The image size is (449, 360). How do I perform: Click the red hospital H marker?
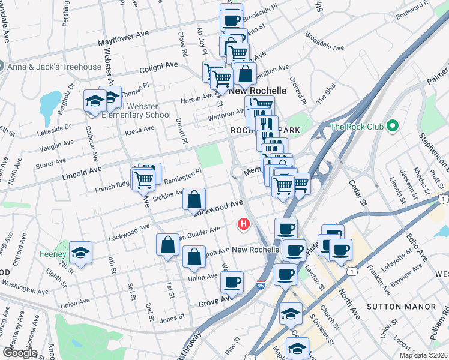tap(244, 225)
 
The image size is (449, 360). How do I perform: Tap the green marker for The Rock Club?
tap(393, 126)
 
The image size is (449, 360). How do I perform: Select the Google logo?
tap(20, 352)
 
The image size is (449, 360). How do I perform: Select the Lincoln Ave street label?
tap(82, 171)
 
